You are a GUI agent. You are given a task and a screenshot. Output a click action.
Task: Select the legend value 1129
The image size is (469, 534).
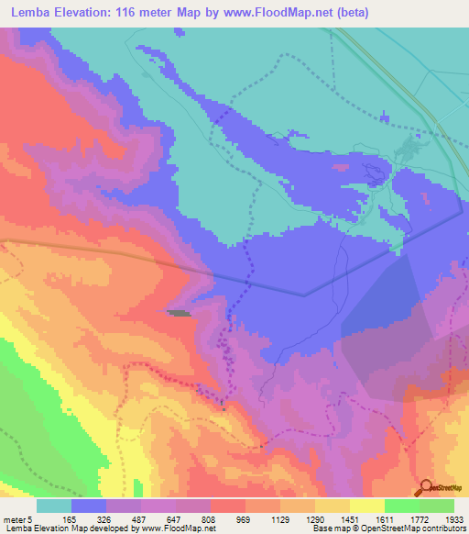[267, 518]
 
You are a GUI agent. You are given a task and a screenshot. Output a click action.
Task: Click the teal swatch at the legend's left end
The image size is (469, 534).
[54, 506]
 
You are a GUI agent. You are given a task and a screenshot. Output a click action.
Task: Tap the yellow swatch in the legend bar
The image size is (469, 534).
[365, 506]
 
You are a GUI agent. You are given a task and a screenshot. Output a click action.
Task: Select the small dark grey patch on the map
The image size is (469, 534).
[180, 314]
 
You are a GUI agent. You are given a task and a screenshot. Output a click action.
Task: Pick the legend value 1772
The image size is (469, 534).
[410, 518]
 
